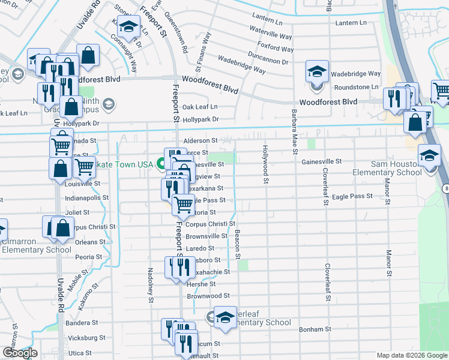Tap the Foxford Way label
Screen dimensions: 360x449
[274, 47]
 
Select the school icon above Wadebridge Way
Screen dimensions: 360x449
[316, 72]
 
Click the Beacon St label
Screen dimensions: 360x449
[238, 244]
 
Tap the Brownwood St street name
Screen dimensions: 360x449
[208, 296]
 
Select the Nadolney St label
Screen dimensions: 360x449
[150, 284]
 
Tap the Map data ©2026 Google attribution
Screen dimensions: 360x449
[412, 355]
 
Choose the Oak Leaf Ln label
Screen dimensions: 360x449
[200, 107]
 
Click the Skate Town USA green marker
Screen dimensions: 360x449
[161, 163]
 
